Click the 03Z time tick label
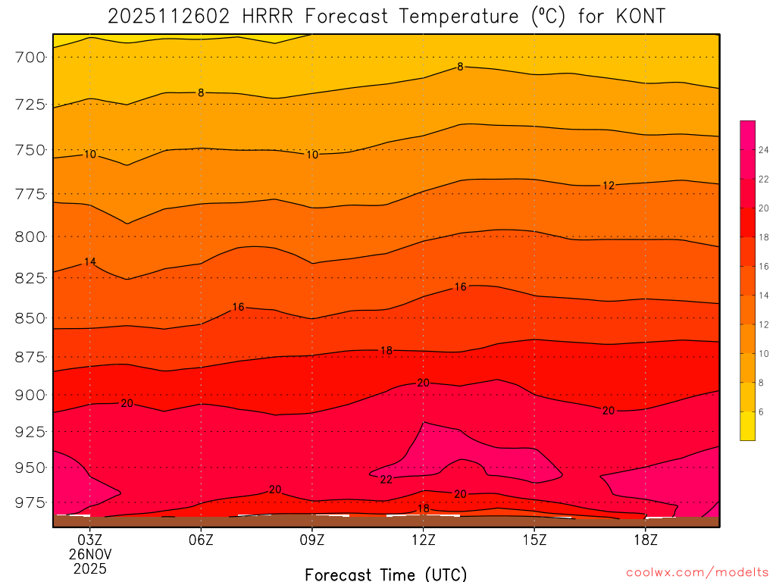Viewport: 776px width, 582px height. (x=90, y=540)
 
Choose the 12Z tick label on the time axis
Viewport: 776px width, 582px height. (x=424, y=540)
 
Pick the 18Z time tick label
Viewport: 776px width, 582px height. (x=646, y=540)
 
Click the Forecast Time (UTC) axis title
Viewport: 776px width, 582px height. (x=386, y=574)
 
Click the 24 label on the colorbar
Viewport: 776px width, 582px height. (x=764, y=150)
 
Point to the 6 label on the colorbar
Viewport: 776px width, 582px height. (x=761, y=411)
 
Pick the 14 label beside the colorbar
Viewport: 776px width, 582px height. (x=764, y=296)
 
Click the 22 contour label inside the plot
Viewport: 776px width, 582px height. (x=386, y=480)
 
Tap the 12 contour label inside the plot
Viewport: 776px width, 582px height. (x=609, y=186)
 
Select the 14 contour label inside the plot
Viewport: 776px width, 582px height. (x=90, y=262)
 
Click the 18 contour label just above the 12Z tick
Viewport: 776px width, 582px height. (x=424, y=508)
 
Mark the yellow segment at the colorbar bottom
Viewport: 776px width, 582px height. (x=747, y=426)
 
